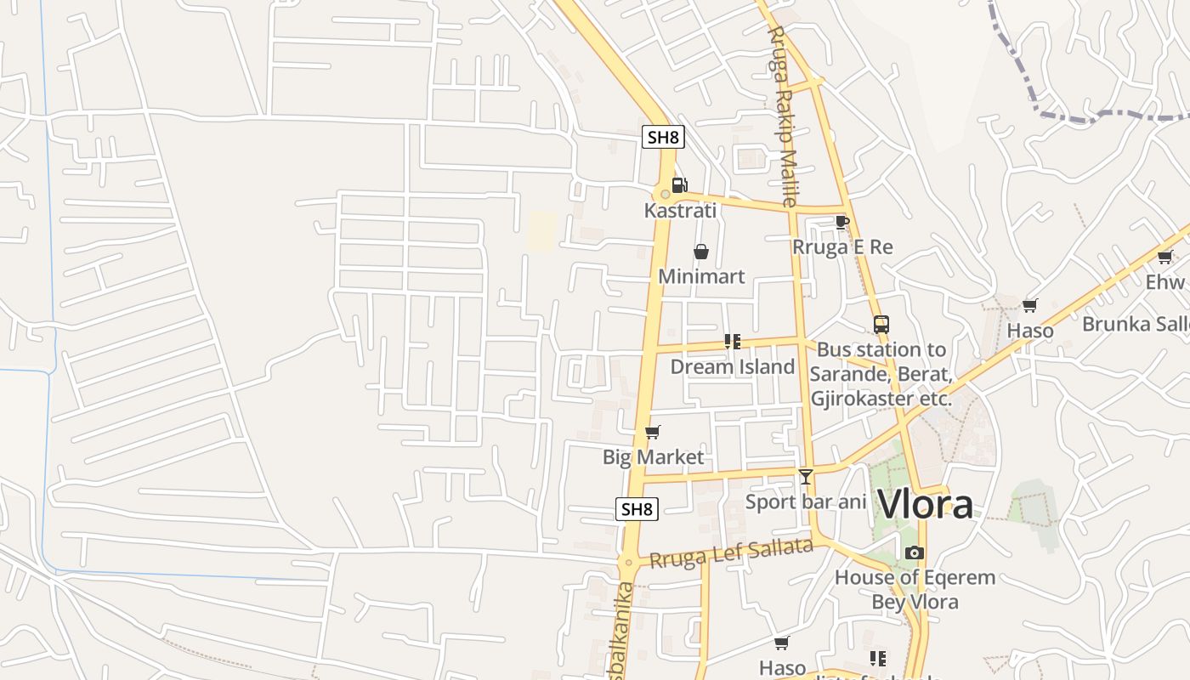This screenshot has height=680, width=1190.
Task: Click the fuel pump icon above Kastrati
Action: (x=679, y=184)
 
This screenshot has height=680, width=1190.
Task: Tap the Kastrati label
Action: (x=680, y=210)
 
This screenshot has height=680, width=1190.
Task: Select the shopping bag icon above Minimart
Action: (x=701, y=252)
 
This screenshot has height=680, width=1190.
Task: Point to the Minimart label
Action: (x=701, y=276)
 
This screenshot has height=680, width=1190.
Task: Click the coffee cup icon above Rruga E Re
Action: (x=841, y=223)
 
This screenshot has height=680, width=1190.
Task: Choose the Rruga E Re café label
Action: (x=842, y=247)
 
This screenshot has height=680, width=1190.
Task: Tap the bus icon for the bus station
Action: (x=881, y=325)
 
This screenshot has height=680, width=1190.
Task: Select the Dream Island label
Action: (x=733, y=366)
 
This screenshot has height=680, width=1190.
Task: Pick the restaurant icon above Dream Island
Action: (x=733, y=342)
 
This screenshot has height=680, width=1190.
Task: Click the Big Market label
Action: (x=653, y=457)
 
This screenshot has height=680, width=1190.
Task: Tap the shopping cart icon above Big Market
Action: (x=653, y=433)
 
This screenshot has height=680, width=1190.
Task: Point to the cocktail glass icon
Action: (x=806, y=477)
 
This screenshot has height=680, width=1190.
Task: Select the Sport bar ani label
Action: (x=806, y=501)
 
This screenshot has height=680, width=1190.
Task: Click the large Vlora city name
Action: (x=925, y=504)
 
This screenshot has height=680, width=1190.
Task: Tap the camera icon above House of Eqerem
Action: (x=915, y=553)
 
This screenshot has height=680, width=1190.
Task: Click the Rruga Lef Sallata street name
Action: (x=731, y=553)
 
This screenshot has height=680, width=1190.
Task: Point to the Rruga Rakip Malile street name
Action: (x=782, y=115)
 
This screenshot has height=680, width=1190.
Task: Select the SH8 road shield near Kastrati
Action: (x=663, y=137)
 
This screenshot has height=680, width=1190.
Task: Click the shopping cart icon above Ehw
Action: (x=1164, y=257)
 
